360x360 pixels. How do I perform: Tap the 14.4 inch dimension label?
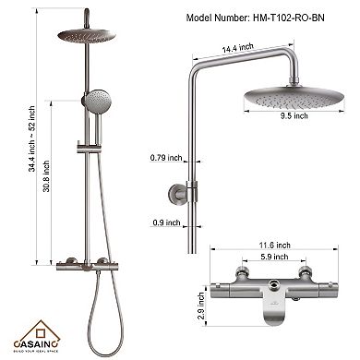point(249,45)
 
